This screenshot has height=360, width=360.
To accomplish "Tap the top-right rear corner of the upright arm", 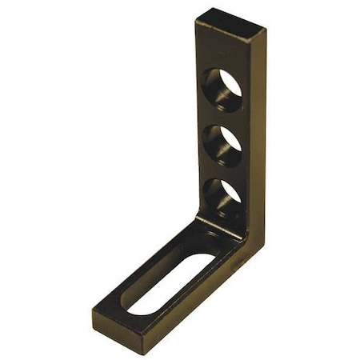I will click(x=265, y=30).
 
